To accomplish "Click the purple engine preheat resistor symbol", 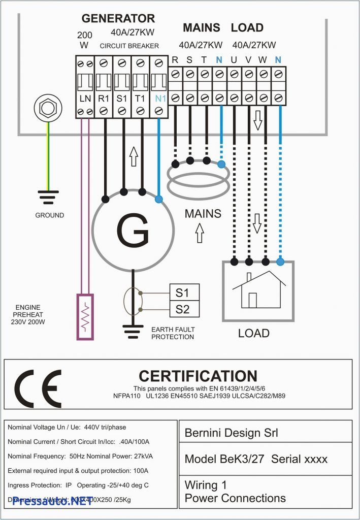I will tap(85, 316).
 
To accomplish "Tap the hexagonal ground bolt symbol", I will tap(48, 108).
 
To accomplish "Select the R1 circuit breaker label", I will tap(103, 97).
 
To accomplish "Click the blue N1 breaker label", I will tap(160, 97).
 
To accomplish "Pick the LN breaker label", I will tap(85, 97).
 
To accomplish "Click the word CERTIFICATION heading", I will tap(198, 376).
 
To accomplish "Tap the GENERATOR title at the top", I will tap(118, 19).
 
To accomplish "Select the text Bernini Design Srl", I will tap(231, 433).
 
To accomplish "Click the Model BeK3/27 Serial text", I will tap(256, 459).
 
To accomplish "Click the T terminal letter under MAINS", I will tap(204, 60).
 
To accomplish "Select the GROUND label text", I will tap(50, 215).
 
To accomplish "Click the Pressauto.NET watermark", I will tap(45, 501).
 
